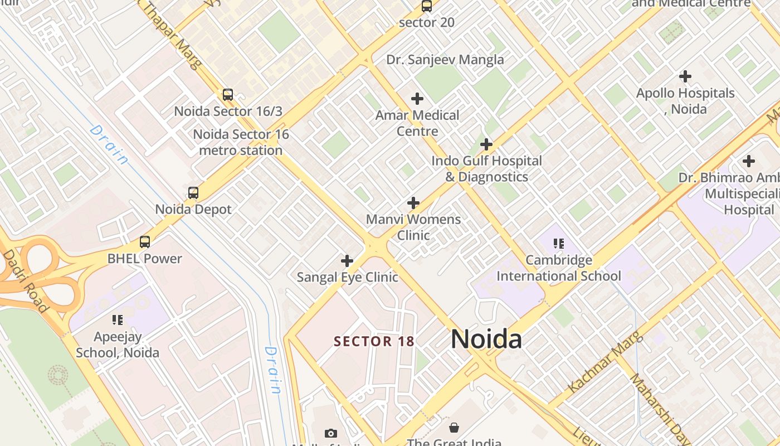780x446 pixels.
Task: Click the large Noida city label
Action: click(486, 339)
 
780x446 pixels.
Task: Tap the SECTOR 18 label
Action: click(374, 341)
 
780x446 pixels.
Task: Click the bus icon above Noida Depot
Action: click(193, 193)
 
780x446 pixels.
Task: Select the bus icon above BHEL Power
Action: click(145, 242)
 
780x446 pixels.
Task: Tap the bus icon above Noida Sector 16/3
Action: click(227, 95)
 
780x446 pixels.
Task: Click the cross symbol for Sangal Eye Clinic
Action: click(347, 260)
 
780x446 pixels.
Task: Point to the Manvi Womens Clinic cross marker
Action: click(413, 202)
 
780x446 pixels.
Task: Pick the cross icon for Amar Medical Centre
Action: click(417, 99)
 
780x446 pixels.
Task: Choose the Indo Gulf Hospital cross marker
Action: click(486, 144)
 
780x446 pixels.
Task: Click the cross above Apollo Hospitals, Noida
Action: click(685, 76)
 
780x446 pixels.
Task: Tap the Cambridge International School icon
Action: click(558, 243)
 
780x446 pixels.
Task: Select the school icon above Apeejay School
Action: click(117, 320)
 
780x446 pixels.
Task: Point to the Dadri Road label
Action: click(26, 281)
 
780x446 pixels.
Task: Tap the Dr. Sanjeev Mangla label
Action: click(445, 60)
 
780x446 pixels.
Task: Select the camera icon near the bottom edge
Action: click(331, 433)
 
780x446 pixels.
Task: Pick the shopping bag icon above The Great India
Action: click(454, 428)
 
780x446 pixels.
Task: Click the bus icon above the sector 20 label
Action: click(427, 6)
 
